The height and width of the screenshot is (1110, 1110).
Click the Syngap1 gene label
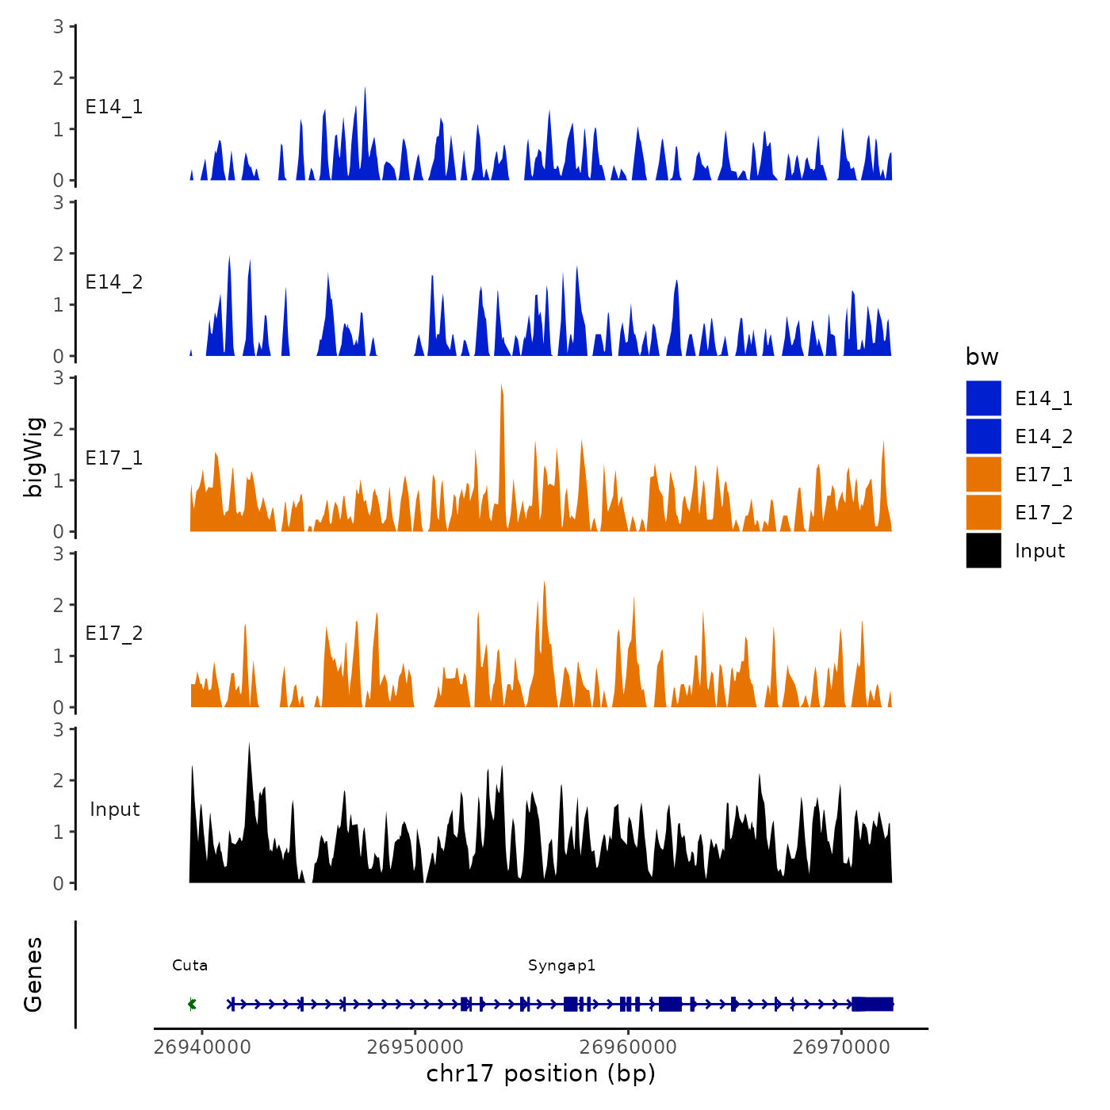point(561,966)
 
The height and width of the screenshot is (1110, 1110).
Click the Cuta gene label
point(190,966)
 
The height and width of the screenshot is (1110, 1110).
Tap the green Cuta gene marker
point(192,1005)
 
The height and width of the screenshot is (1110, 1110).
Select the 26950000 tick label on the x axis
point(415,1047)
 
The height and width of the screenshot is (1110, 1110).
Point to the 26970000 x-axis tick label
point(842,1047)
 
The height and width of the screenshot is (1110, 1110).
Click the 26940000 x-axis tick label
point(202,1047)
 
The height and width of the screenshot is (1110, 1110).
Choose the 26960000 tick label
point(629,1047)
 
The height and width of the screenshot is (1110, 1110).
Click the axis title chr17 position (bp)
point(541,1074)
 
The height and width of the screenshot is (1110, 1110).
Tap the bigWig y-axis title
point(33,457)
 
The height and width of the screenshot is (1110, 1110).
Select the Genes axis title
point(33,974)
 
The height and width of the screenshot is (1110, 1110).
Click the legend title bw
point(982,357)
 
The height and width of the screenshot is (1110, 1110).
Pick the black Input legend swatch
point(983,550)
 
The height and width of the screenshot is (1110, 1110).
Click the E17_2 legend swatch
point(983,512)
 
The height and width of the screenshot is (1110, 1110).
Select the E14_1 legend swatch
point(983,398)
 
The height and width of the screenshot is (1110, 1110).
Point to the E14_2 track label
point(114,282)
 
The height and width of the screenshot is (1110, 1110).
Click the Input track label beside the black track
point(114,810)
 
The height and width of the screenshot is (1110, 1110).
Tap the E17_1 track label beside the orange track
point(114,458)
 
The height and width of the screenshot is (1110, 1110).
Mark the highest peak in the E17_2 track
point(544,585)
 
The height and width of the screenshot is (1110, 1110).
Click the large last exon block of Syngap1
point(872,1005)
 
